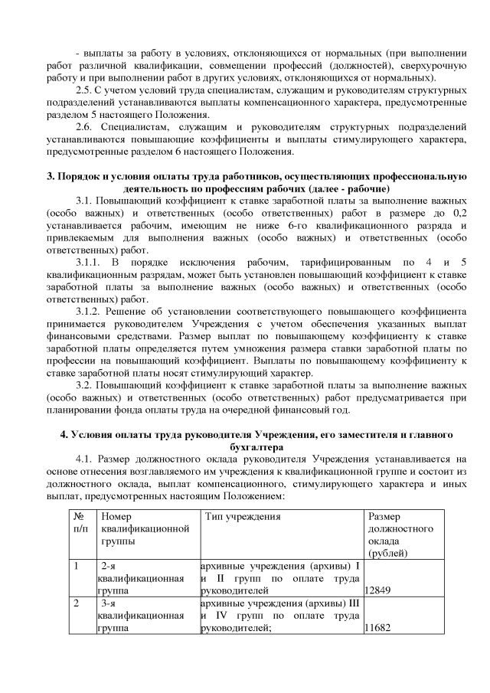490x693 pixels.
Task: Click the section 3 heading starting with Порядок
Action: [256, 178]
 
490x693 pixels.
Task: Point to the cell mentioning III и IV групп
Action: [280, 616]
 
